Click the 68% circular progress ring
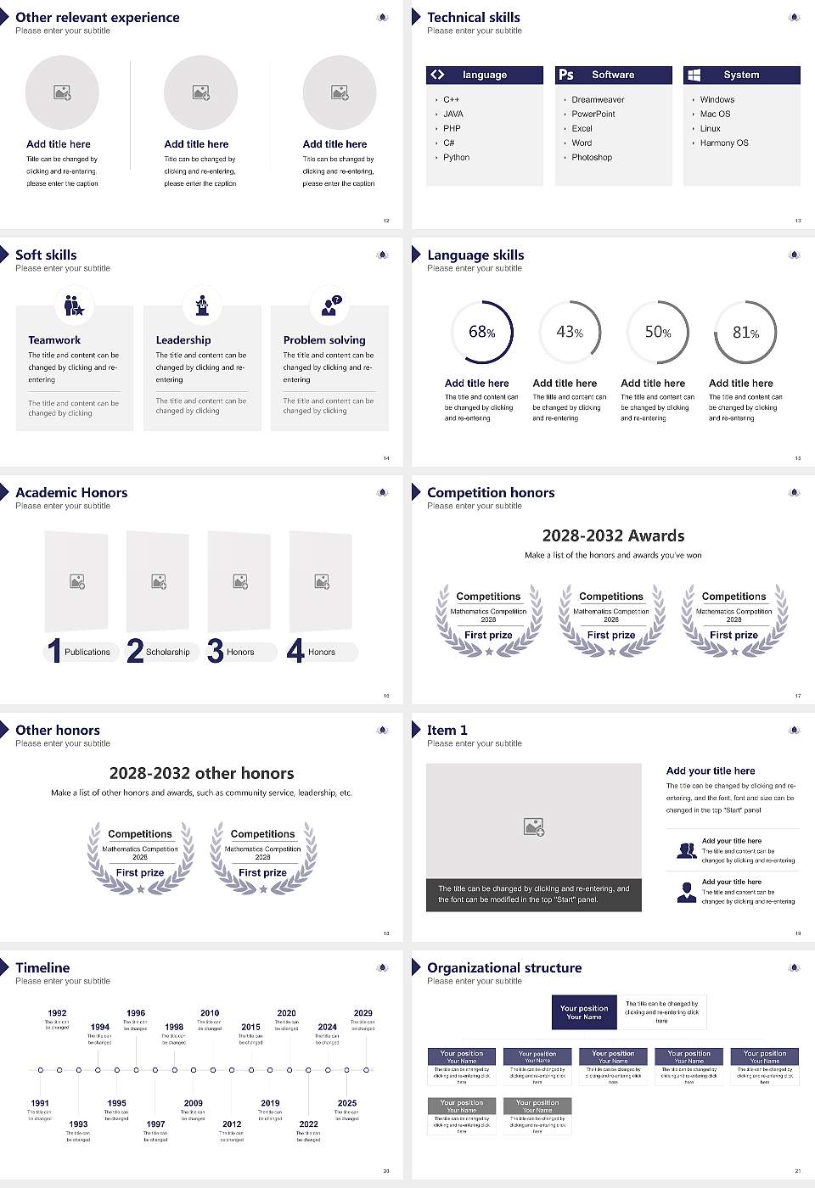click(482, 333)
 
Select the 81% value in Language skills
click(745, 333)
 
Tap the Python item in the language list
click(456, 158)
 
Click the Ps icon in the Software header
click(566, 75)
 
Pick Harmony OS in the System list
click(724, 143)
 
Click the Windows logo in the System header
click(694, 75)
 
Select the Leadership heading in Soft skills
click(183, 339)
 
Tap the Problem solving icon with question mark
click(329, 305)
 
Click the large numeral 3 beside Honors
click(215, 651)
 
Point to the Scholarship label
click(167, 652)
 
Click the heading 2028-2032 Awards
click(613, 535)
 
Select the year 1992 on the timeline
click(57, 1013)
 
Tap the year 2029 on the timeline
click(363, 1013)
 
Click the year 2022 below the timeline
click(308, 1124)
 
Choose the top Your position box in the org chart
click(584, 1012)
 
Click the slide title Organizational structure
click(504, 967)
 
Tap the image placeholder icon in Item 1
click(534, 827)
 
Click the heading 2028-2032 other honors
click(201, 773)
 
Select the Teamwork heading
click(54, 339)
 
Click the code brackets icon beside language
click(437, 75)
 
